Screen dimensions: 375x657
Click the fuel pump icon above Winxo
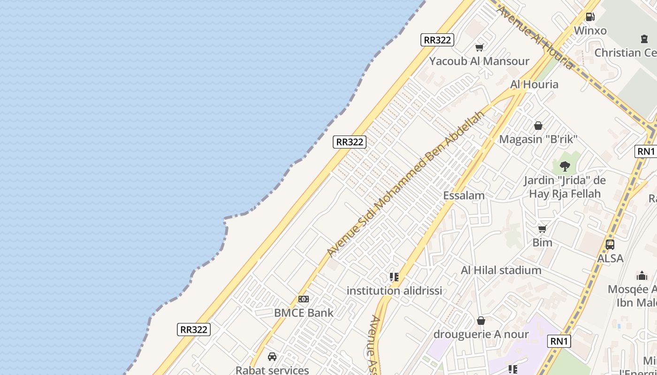click(590, 17)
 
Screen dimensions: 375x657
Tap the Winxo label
click(590, 31)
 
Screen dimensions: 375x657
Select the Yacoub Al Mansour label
click(479, 61)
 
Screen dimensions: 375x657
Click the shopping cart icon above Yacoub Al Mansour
click(479, 47)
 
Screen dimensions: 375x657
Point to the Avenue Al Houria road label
click(535, 37)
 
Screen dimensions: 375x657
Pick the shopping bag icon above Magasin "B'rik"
click(538, 126)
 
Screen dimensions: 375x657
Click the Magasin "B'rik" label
click(538, 140)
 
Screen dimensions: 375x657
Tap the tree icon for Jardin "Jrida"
click(565, 166)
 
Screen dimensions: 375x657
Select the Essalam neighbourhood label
click(464, 195)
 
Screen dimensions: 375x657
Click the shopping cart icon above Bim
click(542, 229)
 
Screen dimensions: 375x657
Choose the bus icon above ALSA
click(610, 244)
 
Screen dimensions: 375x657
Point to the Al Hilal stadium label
click(501, 270)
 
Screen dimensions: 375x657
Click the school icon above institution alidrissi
click(394, 277)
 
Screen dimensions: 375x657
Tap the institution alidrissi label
click(394, 291)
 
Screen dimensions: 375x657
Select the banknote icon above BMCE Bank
click(303, 299)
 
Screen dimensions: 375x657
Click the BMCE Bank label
click(304, 313)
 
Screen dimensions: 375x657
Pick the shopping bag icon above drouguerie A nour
click(481, 321)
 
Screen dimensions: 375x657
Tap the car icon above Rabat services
click(272, 357)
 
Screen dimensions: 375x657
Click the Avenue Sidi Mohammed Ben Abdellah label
click(406, 184)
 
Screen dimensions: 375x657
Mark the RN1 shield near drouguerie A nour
click(559, 341)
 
